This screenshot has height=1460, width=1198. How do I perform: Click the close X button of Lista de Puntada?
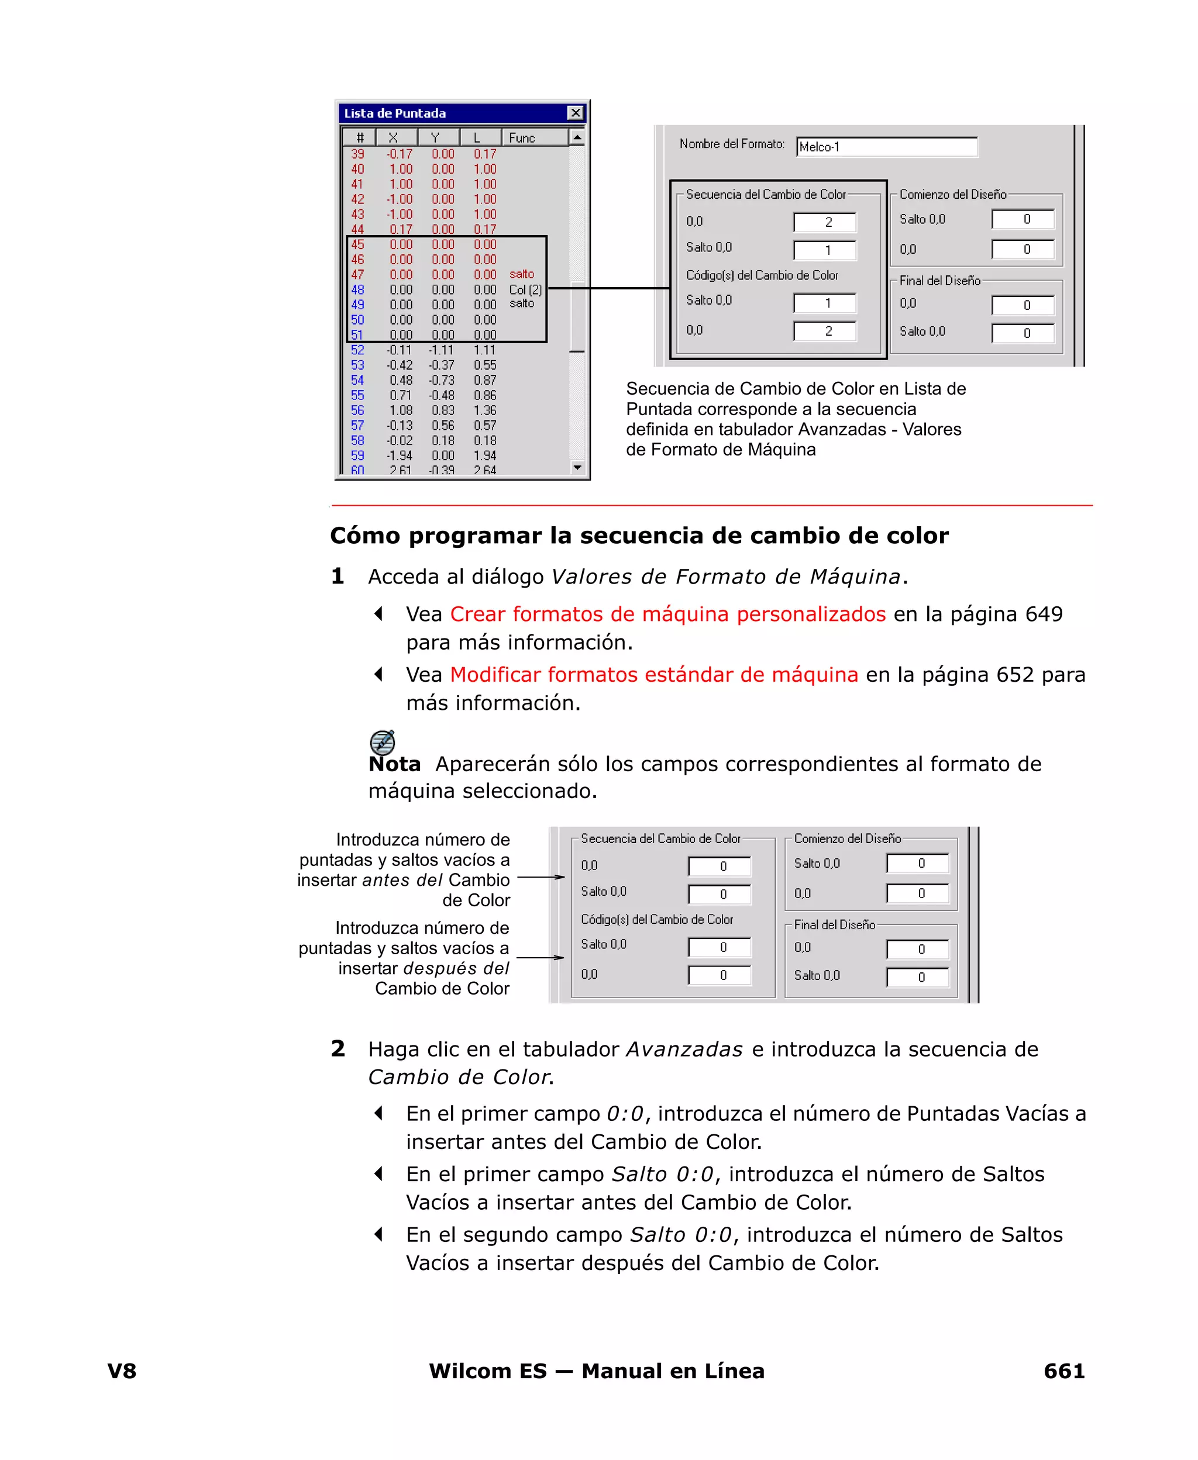point(575,113)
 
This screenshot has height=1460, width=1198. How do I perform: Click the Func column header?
point(522,138)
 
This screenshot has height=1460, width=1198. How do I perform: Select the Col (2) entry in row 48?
point(525,289)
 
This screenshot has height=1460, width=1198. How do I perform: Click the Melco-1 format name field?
point(886,147)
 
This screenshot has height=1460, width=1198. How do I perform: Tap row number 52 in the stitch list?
point(357,350)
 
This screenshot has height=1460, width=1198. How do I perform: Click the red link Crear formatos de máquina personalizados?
point(667,615)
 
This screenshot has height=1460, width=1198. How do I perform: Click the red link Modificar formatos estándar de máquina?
point(653,675)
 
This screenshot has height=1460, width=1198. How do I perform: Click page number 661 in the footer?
point(1063,1371)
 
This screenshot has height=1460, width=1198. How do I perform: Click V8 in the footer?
point(122,1371)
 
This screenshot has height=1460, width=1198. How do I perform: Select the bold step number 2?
point(338,1049)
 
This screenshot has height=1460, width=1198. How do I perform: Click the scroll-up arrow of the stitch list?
point(577,138)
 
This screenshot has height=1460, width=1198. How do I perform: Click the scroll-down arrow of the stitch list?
point(577,468)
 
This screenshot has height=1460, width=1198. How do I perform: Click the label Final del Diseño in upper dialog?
point(939,281)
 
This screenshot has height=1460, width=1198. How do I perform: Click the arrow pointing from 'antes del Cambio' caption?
point(541,877)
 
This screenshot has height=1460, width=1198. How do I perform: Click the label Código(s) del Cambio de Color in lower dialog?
point(656,919)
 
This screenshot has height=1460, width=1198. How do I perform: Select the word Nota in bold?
point(394,764)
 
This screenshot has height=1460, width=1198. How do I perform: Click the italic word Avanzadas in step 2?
point(684,1050)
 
